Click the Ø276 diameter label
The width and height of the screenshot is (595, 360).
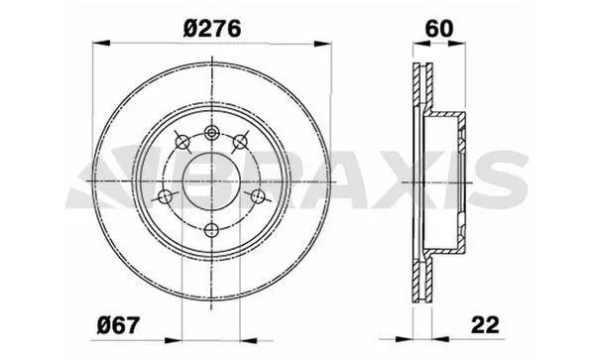(x=212, y=29)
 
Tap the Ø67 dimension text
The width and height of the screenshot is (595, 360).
(x=118, y=325)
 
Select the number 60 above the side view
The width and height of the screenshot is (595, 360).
(x=439, y=29)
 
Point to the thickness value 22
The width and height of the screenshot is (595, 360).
(x=485, y=325)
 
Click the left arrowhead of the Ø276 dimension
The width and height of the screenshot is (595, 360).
(x=101, y=43)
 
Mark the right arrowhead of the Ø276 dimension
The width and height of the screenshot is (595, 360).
(x=322, y=44)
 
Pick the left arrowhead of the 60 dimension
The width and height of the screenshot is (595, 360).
(x=421, y=44)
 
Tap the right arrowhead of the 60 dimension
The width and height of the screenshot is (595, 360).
(x=457, y=44)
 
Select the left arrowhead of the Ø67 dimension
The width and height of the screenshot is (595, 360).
(x=174, y=340)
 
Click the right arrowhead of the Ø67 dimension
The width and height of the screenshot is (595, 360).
(x=249, y=340)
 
